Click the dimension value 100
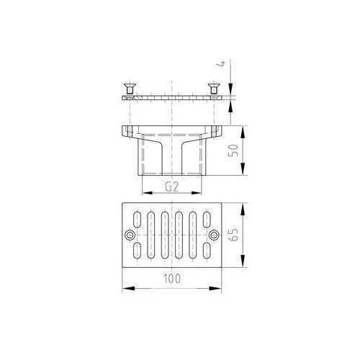click(x=172, y=279)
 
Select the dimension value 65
click(x=233, y=235)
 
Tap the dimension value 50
click(x=233, y=150)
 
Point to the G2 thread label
click(x=172, y=186)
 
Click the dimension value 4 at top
click(x=223, y=63)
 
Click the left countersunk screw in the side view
click(x=130, y=89)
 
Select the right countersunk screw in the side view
click(x=213, y=89)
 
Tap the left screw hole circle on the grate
click(x=130, y=235)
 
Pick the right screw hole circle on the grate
click(x=214, y=235)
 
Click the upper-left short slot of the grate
click(x=137, y=220)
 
